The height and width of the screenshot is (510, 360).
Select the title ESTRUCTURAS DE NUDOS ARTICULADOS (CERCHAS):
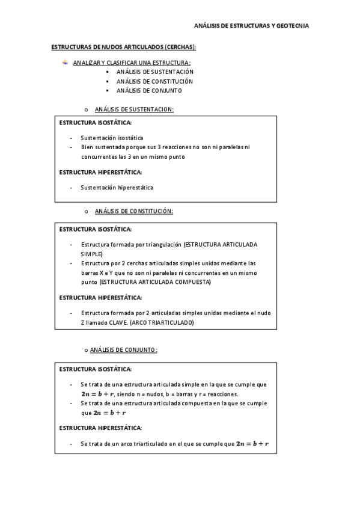(x=124, y=47)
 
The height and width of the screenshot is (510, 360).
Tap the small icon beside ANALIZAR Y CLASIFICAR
(x=66, y=62)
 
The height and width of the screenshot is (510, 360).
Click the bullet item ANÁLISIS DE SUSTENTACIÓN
(x=155, y=72)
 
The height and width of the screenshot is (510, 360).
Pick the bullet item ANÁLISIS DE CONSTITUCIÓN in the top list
(x=155, y=81)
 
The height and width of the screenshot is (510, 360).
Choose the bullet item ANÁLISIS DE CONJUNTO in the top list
(x=149, y=91)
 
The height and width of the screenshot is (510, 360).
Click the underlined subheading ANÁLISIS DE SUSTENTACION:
(x=134, y=109)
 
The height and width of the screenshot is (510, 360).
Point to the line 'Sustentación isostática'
(x=112, y=138)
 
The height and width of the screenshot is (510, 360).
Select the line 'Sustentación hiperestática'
(x=117, y=187)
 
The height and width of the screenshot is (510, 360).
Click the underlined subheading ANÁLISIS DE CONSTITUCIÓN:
(x=134, y=211)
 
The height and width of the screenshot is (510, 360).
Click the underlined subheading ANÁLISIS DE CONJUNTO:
(x=123, y=349)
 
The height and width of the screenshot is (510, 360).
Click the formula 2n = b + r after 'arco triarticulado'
(x=252, y=444)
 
